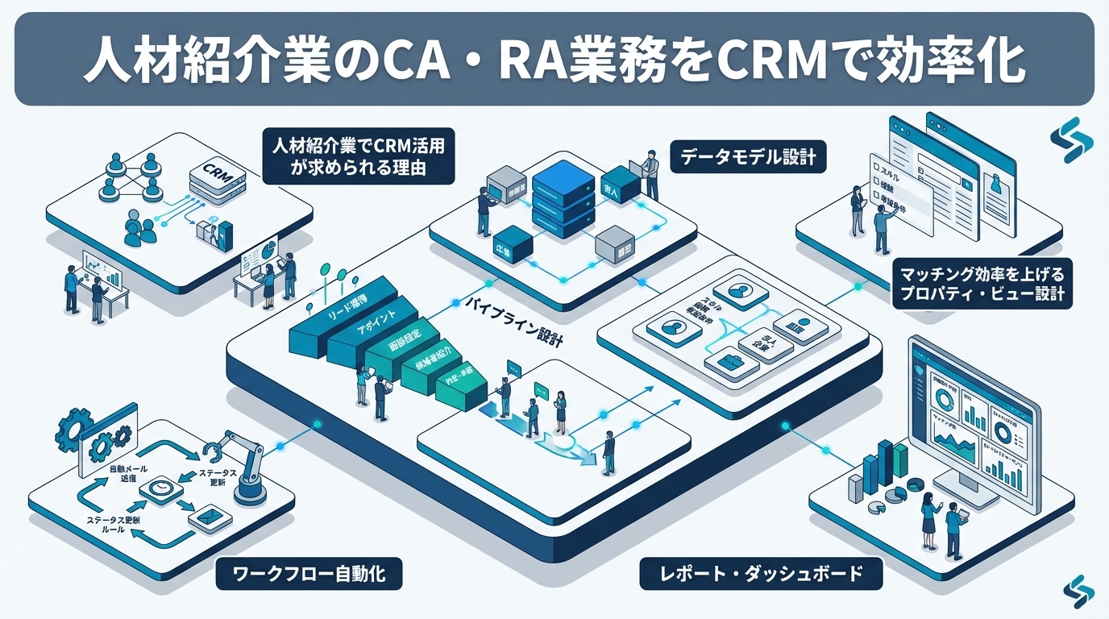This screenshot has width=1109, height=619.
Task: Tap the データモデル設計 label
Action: pos(748,157)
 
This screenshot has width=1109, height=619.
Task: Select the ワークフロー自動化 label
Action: pos(309,575)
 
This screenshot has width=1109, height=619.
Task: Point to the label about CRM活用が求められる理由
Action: pos(359,158)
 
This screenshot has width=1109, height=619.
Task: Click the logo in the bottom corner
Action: pos(1078,592)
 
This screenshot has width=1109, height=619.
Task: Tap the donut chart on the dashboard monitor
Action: pos(1005,430)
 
